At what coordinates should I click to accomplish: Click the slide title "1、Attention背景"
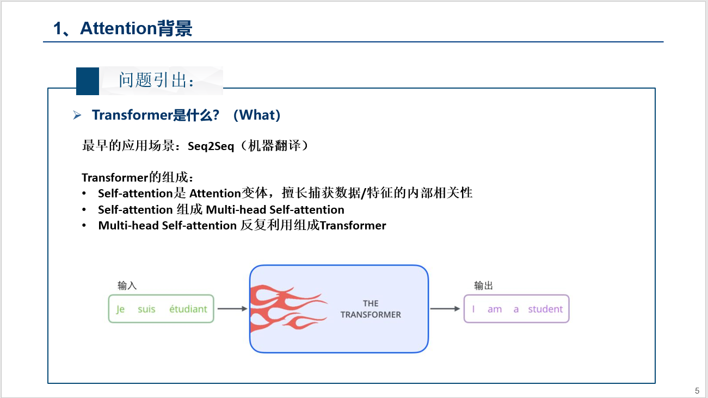click(122, 28)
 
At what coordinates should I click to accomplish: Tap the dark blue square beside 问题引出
click(87, 81)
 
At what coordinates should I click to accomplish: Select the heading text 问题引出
click(157, 81)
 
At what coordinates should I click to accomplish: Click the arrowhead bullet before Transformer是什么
click(77, 115)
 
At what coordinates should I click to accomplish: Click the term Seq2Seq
click(211, 146)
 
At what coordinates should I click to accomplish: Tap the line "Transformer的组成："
click(138, 177)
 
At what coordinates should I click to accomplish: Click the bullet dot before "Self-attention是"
click(84, 194)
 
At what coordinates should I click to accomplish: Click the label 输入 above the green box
click(127, 285)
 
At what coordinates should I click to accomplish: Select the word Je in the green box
click(120, 309)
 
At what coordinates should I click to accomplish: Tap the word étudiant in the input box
click(188, 309)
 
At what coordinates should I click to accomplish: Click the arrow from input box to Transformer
click(232, 309)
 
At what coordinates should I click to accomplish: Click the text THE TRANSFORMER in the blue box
click(371, 309)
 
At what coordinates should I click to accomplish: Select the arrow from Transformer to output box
click(445, 309)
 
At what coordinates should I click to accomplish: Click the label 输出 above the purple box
click(483, 285)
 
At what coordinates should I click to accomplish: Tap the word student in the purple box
click(545, 309)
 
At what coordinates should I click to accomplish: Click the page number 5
click(697, 390)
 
